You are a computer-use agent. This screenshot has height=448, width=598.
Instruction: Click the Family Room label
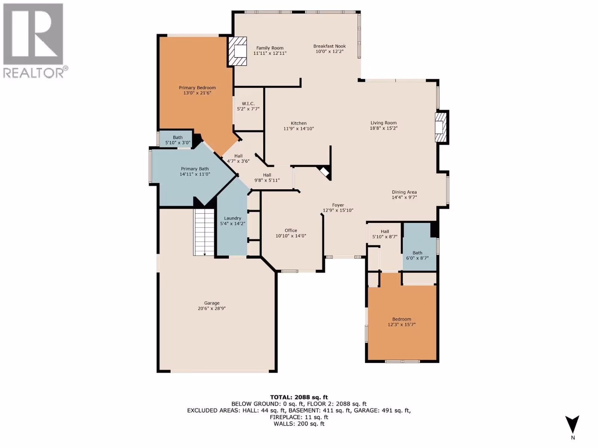click(270, 48)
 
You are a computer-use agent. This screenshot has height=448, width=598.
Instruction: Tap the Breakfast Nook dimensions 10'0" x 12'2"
click(329, 52)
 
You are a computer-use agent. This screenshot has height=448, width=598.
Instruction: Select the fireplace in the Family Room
click(237, 51)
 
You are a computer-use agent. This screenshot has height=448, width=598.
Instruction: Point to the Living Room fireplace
click(441, 127)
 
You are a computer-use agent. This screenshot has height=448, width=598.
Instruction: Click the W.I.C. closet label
click(248, 104)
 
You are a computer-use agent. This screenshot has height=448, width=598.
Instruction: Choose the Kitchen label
click(299, 123)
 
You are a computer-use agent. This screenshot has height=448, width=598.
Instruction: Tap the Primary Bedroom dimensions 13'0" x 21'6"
click(197, 93)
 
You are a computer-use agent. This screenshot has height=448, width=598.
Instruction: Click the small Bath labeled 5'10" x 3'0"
click(178, 140)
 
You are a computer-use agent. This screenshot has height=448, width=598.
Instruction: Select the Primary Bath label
click(195, 169)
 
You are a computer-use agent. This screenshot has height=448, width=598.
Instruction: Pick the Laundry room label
click(233, 218)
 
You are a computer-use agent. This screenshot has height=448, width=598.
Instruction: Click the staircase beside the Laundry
click(204, 232)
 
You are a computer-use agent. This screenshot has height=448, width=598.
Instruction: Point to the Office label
click(291, 230)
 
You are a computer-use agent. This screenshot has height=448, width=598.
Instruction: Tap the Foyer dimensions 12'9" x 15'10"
click(338, 210)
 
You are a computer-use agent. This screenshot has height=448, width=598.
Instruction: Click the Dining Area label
click(404, 192)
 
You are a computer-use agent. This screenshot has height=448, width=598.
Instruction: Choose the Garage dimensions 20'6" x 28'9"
click(212, 308)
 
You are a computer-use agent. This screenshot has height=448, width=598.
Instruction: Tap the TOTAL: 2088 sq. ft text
click(299, 397)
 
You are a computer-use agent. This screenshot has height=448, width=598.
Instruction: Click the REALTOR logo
click(36, 41)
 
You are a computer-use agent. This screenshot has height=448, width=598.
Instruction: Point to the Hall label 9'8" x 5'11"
click(267, 178)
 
